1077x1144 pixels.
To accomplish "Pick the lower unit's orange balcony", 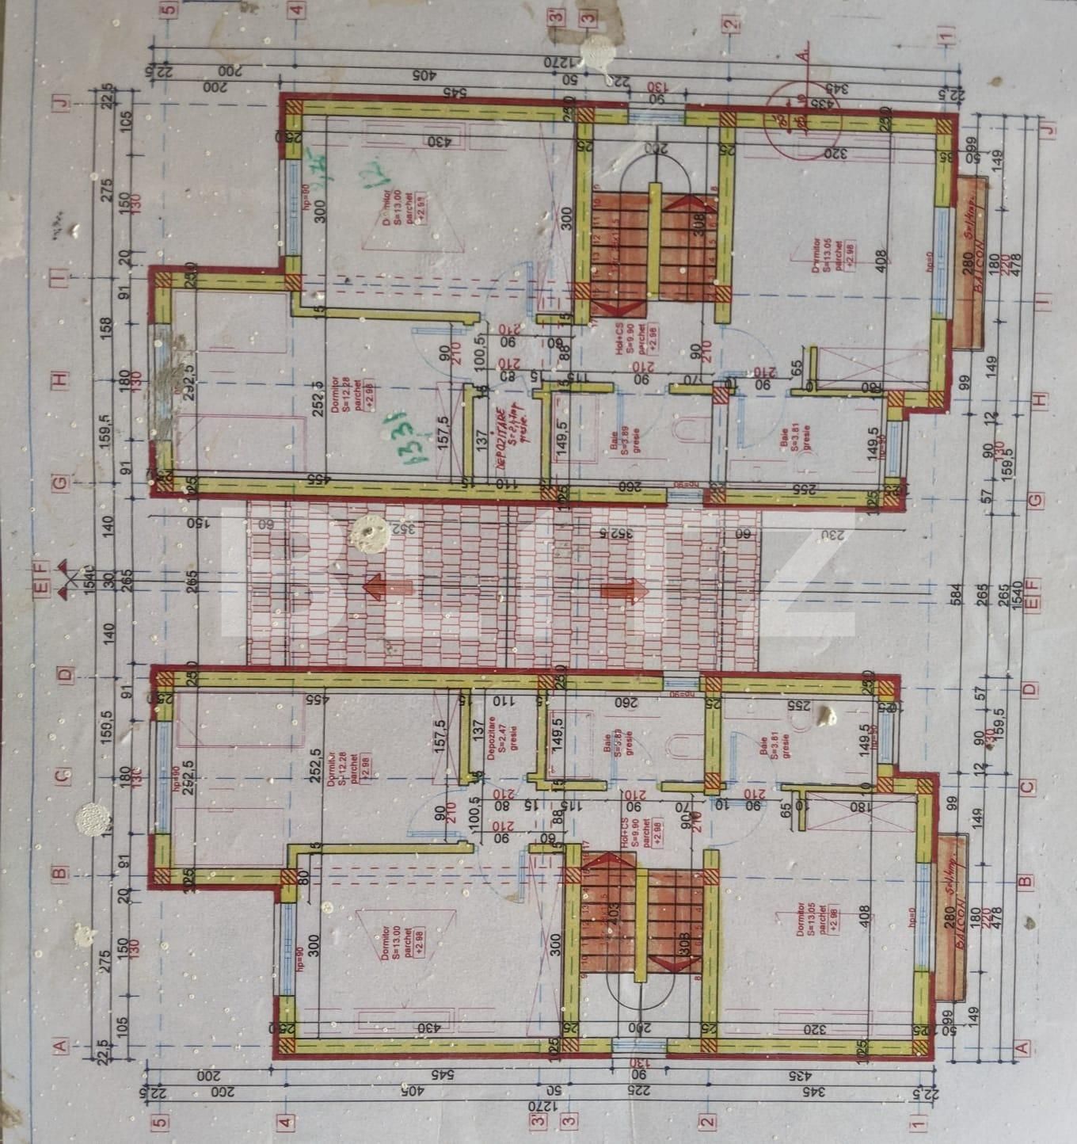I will click(952, 917).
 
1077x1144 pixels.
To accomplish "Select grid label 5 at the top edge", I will click(166, 10).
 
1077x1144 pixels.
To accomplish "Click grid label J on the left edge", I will click(62, 101).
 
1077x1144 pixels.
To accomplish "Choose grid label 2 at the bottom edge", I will click(707, 1120).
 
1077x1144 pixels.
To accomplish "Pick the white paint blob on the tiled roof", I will click(370, 532).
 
